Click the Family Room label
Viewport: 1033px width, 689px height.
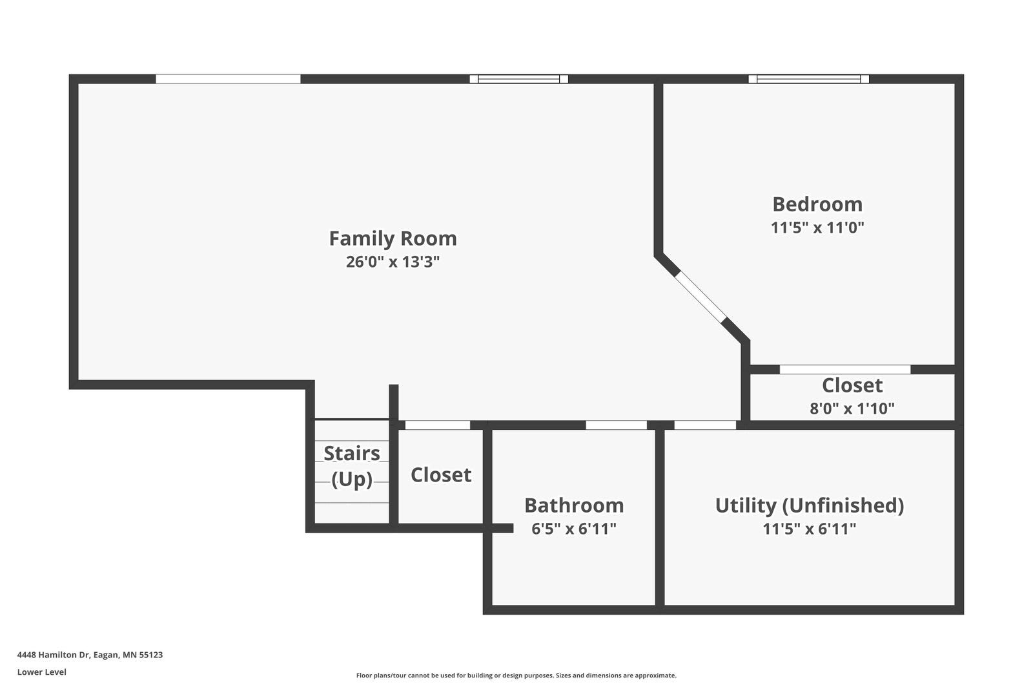393,238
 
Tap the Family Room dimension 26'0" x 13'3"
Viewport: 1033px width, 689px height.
393,262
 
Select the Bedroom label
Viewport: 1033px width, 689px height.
817,204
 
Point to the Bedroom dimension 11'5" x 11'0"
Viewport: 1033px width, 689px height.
817,228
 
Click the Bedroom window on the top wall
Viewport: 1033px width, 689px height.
808,79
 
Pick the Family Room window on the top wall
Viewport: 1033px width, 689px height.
519,79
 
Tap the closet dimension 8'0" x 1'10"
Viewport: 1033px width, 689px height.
852,408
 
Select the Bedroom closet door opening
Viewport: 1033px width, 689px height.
845,370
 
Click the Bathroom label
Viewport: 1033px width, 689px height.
574,505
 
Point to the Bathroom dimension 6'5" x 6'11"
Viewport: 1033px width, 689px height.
574,528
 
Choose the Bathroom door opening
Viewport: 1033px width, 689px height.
616,425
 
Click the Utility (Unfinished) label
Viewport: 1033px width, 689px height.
810,505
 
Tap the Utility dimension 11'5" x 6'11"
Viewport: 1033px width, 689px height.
810,528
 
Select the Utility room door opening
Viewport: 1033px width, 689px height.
705,425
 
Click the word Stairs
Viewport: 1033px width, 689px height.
352,454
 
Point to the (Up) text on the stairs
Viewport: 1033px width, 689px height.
352,479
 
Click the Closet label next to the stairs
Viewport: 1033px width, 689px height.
441,474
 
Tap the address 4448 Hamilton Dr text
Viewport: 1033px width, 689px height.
54,655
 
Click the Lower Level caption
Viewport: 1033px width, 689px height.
42,672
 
